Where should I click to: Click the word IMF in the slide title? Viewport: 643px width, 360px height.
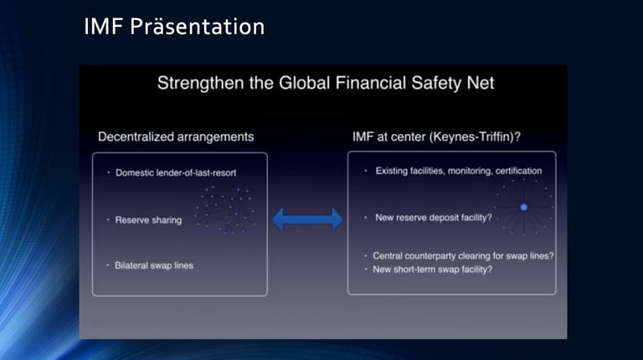pos(103,27)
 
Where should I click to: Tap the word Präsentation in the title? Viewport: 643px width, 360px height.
pos(198,27)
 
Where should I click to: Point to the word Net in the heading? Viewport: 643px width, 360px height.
pos(481,83)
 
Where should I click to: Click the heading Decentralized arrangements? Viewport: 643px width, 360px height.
pos(176,137)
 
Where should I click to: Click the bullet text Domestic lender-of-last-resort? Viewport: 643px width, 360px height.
pos(176,173)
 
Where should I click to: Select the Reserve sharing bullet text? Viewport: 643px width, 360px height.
pos(148,220)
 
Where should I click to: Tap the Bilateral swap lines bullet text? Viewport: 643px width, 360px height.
pos(154,265)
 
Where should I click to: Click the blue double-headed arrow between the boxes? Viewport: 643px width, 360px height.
pos(307,219)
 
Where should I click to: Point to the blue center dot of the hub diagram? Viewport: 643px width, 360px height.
pos(523,208)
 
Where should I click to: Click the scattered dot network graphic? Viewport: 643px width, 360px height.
pos(224,210)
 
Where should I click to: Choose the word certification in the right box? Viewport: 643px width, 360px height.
pos(519,171)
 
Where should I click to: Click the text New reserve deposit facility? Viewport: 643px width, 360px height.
pos(434,218)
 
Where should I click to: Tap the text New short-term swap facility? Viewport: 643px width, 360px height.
pos(433,270)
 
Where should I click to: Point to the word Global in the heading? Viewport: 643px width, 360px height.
pos(304,83)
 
